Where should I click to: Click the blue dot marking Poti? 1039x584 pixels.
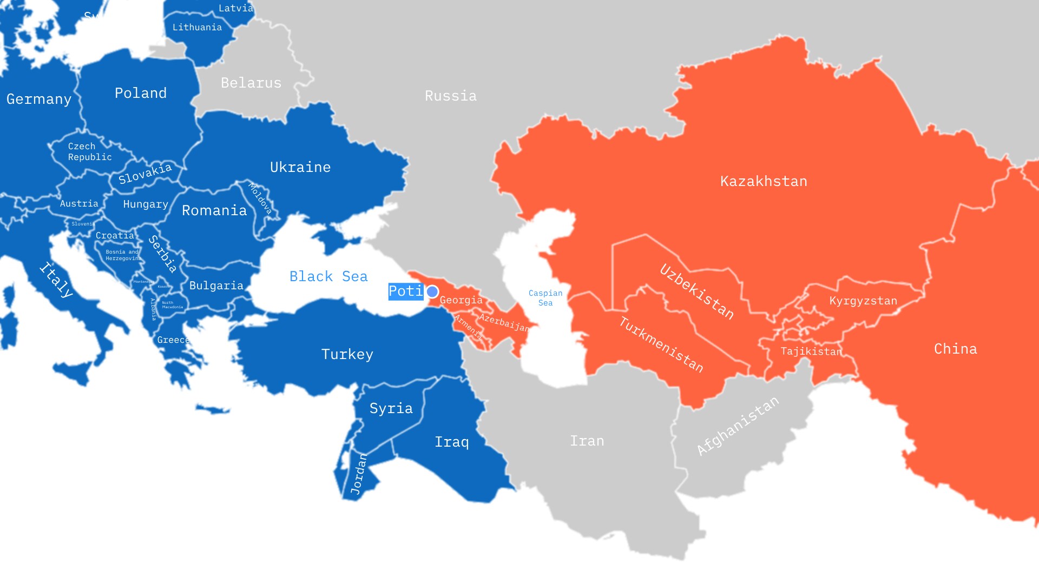point(432,292)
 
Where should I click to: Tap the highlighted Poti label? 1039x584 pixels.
point(405,291)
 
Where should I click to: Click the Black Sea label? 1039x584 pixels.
point(328,276)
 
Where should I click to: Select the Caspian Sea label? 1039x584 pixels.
point(545,298)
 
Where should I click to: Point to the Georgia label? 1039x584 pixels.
point(461,300)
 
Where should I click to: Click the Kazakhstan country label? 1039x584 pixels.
point(764,181)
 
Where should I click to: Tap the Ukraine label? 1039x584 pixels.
point(300,167)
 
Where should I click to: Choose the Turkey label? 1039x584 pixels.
point(347,354)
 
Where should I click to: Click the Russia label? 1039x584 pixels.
point(451,96)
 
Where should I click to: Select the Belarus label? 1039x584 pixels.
point(251,83)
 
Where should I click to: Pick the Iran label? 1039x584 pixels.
point(587,441)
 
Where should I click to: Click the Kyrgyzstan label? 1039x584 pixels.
point(863,301)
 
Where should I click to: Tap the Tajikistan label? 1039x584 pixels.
point(811,351)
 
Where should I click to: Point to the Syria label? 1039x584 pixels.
point(391,408)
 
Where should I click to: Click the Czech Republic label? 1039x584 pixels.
point(89,151)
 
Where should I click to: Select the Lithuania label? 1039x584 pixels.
point(197,27)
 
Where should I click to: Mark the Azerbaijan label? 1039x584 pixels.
point(504,323)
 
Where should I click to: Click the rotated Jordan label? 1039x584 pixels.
point(359,474)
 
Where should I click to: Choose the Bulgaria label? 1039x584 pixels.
point(216,286)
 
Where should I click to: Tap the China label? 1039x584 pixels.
point(956,349)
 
